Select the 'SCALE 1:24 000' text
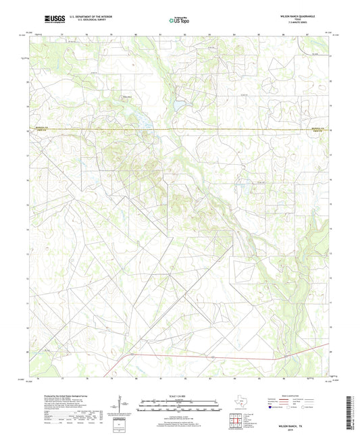(x=179, y=395)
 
